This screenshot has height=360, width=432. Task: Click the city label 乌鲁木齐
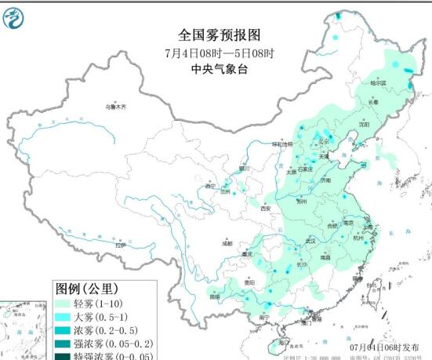click(x=116, y=106)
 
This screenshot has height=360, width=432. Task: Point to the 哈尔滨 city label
click(x=378, y=82)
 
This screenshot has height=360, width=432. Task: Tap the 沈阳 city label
click(x=363, y=124)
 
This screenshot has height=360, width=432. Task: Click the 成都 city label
click(x=227, y=244)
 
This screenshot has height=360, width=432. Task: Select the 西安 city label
click(x=265, y=209)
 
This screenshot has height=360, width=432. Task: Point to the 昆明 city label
click(x=215, y=296)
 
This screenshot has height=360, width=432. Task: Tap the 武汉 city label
click(x=310, y=240)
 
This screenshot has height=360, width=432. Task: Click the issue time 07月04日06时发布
click(x=390, y=346)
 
